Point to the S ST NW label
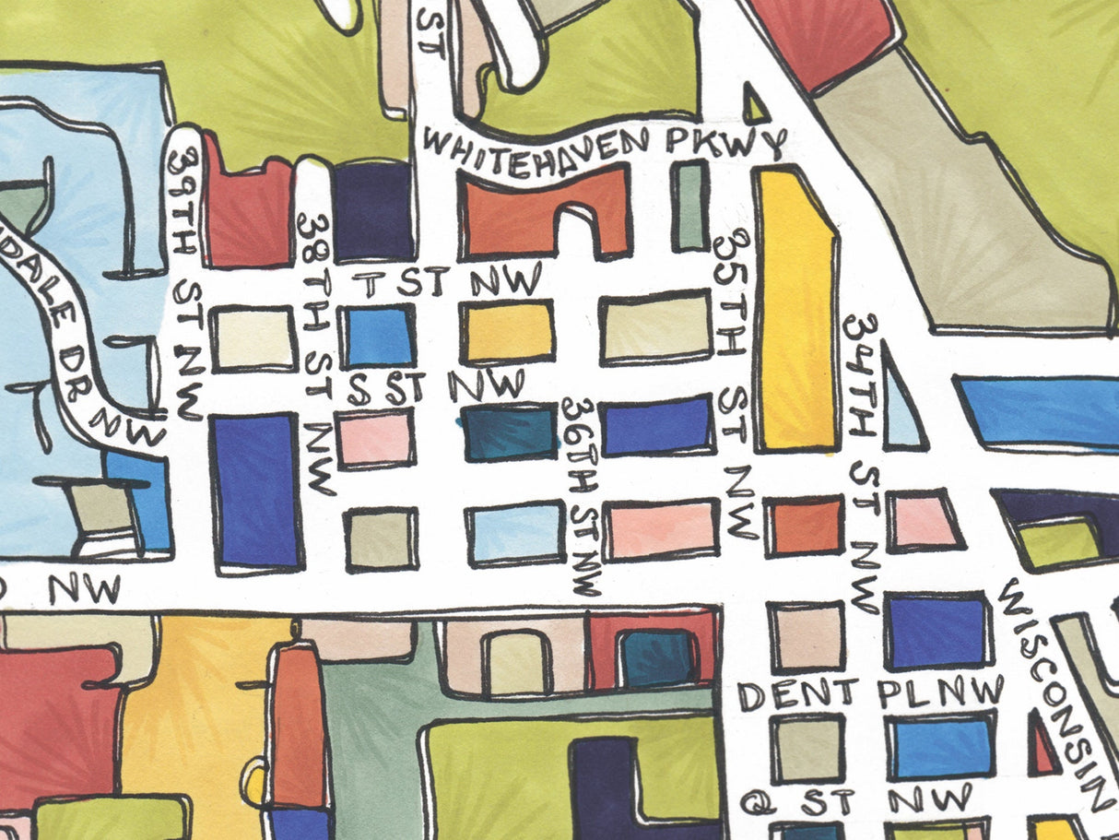pyautogui.click(x=436, y=385)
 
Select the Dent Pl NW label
pyautogui.click(x=870, y=692)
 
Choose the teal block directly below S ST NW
pyautogui.click(x=509, y=432)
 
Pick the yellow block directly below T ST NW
pyautogui.click(x=508, y=331)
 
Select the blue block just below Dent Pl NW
pyautogui.click(x=940, y=746)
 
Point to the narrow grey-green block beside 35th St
pyautogui.click(x=689, y=205)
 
